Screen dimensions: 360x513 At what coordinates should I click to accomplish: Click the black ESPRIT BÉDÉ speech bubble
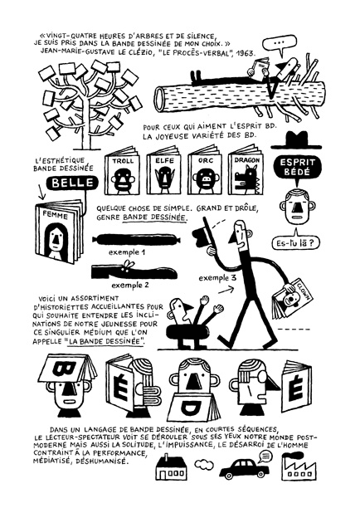pyautogui.click(x=297, y=167)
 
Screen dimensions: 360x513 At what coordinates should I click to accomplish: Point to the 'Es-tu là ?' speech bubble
pyautogui.click(x=296, y=242)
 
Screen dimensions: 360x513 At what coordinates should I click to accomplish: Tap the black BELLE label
pyautogui.click(x=72, y=183)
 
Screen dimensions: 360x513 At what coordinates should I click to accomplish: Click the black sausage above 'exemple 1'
pyautogui.click(x=137, y=240)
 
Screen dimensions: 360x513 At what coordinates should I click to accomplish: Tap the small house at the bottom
pyautogui.click(x=171, y=467)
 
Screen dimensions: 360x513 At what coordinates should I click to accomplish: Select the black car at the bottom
pyautogui.click(x=244, y=468)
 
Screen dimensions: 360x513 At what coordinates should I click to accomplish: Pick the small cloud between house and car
pyautogui.click(x=204, y=464)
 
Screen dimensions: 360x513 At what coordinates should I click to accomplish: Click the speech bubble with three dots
pyautogui.click(x=280, y=44)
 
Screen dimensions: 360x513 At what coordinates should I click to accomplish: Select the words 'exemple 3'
pyautogui.click(x=217, y=278)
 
